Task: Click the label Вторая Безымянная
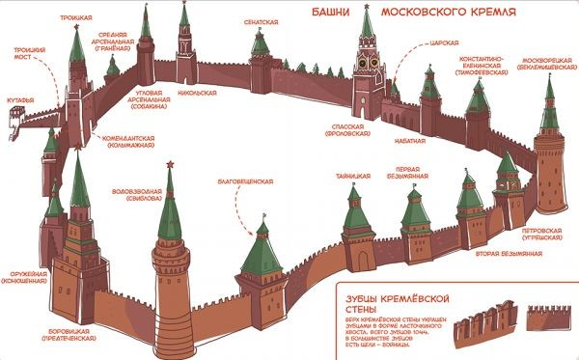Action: pos(508,253)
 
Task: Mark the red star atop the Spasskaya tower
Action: pos(366,8)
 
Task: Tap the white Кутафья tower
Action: pos(14,121)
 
